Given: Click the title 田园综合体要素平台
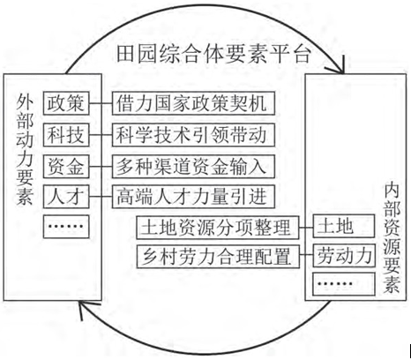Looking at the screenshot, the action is (x=213, y=55).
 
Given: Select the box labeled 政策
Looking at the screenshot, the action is (x=66, y=103).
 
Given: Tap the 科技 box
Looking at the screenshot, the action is (x=66, y=135).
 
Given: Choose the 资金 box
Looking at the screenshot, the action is (x=66, y=167).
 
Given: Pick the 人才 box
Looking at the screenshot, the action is (x=66, y=197).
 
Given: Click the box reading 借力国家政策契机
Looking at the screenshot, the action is (x=193, y=103).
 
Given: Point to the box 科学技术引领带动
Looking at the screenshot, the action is (x=193, y=135).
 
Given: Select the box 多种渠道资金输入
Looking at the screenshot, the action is (x=193, y=167).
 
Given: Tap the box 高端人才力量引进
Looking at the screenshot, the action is (x=193, y=197).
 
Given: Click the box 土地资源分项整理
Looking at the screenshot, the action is (x=218, y=228).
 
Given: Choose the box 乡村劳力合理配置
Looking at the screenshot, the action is (x=218, y=256).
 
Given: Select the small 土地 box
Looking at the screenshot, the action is (x=344, y=226).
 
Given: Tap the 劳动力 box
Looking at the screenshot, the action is (x=344, y=256).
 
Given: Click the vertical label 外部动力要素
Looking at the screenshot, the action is (x=25, y=149).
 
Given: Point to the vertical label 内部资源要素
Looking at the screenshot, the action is (x=392, y=238).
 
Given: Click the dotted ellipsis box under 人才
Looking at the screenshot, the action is (x=66, y=227).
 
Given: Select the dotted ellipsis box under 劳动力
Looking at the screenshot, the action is (x=344, y=284).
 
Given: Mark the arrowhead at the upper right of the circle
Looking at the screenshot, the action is (x=338, y=67).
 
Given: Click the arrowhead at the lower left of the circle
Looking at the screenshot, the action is (x=84, y=309).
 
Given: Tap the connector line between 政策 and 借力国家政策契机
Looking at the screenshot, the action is (x=101, y=103).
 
